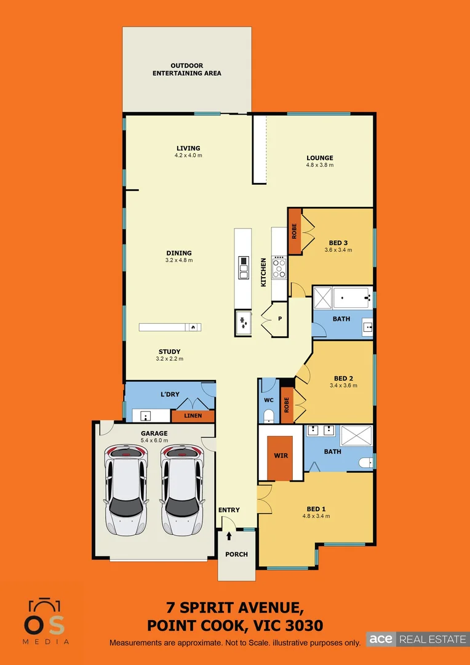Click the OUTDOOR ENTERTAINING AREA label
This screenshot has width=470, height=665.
[x=187, y=70]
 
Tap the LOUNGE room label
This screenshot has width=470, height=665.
[x=319, y=158]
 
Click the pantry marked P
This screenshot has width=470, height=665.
[x=279, y=319]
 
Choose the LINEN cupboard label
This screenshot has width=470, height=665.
[x=193, y=416]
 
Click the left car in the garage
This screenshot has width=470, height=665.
[x=126, y=490]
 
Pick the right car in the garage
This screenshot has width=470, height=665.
[x=182, y=490]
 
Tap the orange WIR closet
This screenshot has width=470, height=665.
[x=281, y=457]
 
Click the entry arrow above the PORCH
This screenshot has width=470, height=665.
[x=229, y=536]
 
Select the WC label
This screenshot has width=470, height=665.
[x=268, y=400]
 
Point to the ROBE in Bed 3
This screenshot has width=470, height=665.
[x=295, y=232]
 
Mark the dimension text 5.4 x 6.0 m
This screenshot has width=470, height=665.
[x=154, y=441]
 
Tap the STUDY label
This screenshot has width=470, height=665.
[x=169, y=352]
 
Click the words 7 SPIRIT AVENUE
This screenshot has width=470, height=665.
[x=235, y=609]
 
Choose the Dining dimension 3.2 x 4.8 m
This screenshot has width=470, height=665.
[x=178, y=260]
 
